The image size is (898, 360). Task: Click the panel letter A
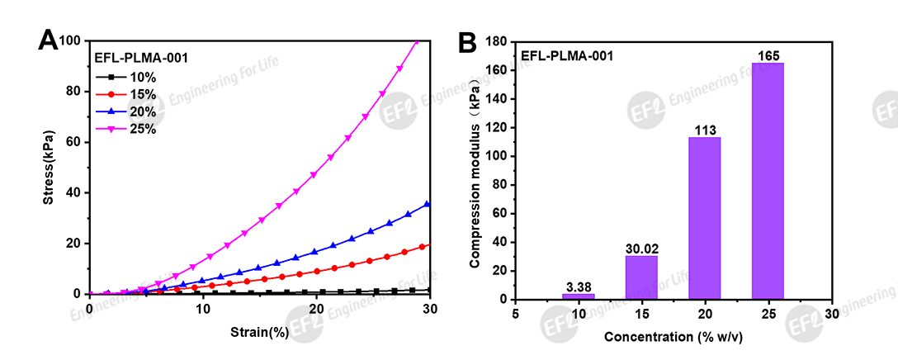(49, 40)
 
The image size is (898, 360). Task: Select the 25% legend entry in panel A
(132, 130)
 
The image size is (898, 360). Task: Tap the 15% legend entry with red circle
(132, 95)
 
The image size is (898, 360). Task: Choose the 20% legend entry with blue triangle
(132, 112)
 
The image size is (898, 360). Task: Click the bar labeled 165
(768, 182)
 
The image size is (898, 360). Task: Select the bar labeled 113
(705, 218)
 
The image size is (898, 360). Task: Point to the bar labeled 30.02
(641, 277)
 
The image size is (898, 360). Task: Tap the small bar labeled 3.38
(579, 296)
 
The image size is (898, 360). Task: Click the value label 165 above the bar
(768, 56)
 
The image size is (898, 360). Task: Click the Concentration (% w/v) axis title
(673, 338)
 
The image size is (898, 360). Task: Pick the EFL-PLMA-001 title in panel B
(566, 56)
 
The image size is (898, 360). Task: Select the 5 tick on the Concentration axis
(515, 314)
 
